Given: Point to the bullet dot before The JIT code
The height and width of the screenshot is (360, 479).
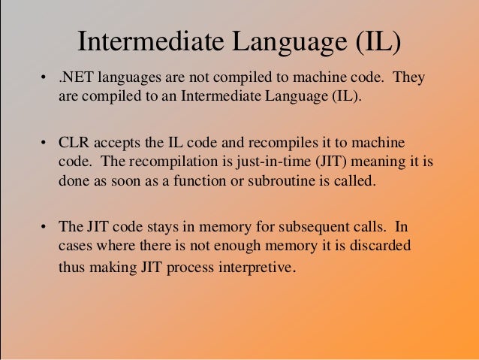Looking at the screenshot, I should [x=44, y=226].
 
